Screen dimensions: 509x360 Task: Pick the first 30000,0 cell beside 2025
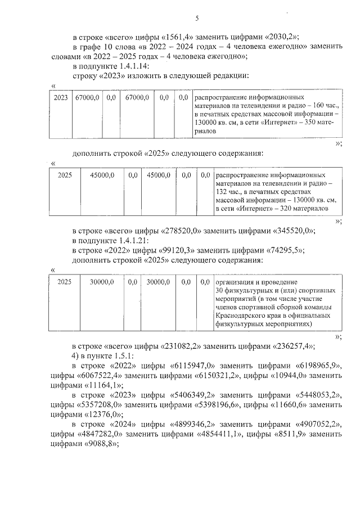(x=103, y=282)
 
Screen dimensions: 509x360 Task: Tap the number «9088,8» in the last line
(x=103, y=443)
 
